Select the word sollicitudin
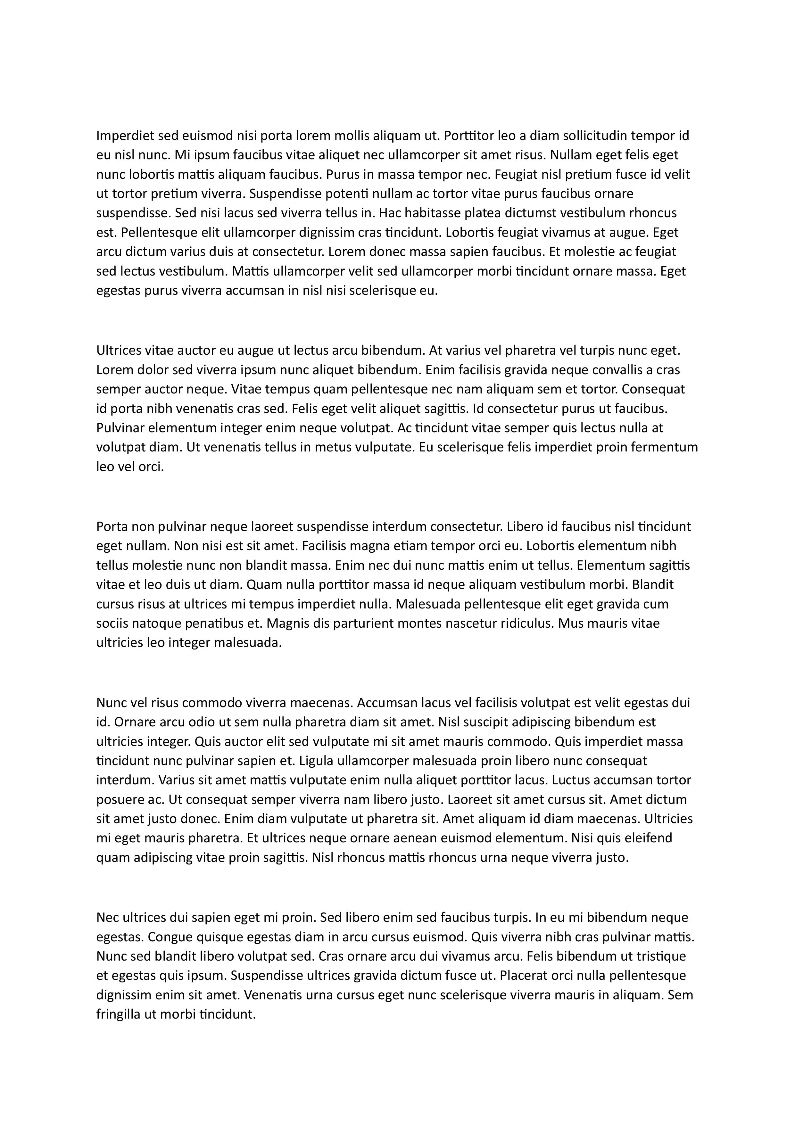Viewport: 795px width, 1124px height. (x=584, y=135)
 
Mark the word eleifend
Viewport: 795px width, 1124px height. (x=647, y=838)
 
